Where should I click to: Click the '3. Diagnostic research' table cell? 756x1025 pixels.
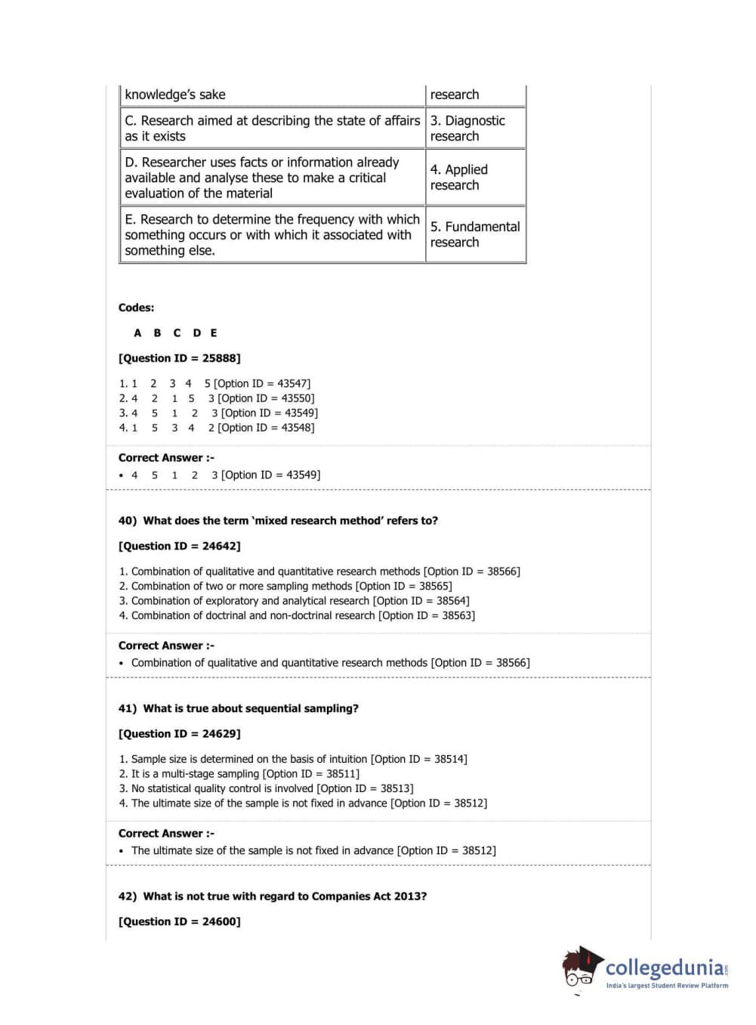(x=475, y=128)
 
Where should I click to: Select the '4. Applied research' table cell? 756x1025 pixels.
(x=475, y=177)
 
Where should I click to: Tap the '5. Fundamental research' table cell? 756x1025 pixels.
(x=475, y=234)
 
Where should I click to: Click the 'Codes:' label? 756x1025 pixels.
(x=136, y=308)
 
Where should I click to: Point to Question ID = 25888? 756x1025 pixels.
(x=179, y=358)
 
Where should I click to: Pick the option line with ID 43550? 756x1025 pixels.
(x=217, y=398)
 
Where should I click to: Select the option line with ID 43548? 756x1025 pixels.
(x=217, y=428)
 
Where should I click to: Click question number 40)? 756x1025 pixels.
(x=128, y=521)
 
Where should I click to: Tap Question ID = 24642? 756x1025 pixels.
(x=179, y=546)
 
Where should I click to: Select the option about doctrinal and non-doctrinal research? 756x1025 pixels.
(x=297, y=615)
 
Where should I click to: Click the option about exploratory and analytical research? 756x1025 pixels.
(x=294, y=601)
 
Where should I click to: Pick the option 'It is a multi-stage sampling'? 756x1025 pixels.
(x=239, y=774)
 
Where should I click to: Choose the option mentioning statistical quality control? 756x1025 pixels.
(x=266, y=788)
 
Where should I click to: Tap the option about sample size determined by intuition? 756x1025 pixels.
(x=293, y=759)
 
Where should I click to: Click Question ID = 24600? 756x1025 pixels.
(x=179, y=921)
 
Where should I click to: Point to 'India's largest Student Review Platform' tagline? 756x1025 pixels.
(x=667, y=986)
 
